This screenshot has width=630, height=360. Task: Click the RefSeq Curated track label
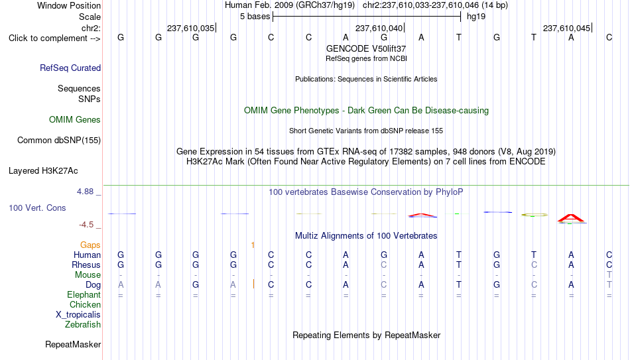click(x=70, y=68)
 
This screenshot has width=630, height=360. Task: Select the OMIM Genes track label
click(x=75, y=120)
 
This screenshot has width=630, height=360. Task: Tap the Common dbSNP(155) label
click(x=59, y=141)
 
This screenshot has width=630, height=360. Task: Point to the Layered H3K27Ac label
click(x=43, y=171)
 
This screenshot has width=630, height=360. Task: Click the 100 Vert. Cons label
click(x=37, y=208)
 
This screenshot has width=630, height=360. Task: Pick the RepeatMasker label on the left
click(x=73, y=344)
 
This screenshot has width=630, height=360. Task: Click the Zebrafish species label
click(x=83, y=324)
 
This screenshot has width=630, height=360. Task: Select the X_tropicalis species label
click(x=78, y=315)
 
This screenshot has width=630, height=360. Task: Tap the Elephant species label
click(x=84, y=295)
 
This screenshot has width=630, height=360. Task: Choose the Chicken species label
click(x=85, y=304)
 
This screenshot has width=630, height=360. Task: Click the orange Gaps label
click(x=90, y=245)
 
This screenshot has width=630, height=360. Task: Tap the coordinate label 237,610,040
click(x=379, y=28)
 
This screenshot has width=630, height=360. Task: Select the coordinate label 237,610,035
click(x=191, y=28)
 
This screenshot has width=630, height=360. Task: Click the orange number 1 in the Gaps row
click(x=253, y=245)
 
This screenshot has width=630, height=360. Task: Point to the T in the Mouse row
click(x=609, y=275)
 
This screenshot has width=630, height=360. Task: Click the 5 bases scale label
click(x=255, y=17)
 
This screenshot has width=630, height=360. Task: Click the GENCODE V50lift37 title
click(x=366, y=48)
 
